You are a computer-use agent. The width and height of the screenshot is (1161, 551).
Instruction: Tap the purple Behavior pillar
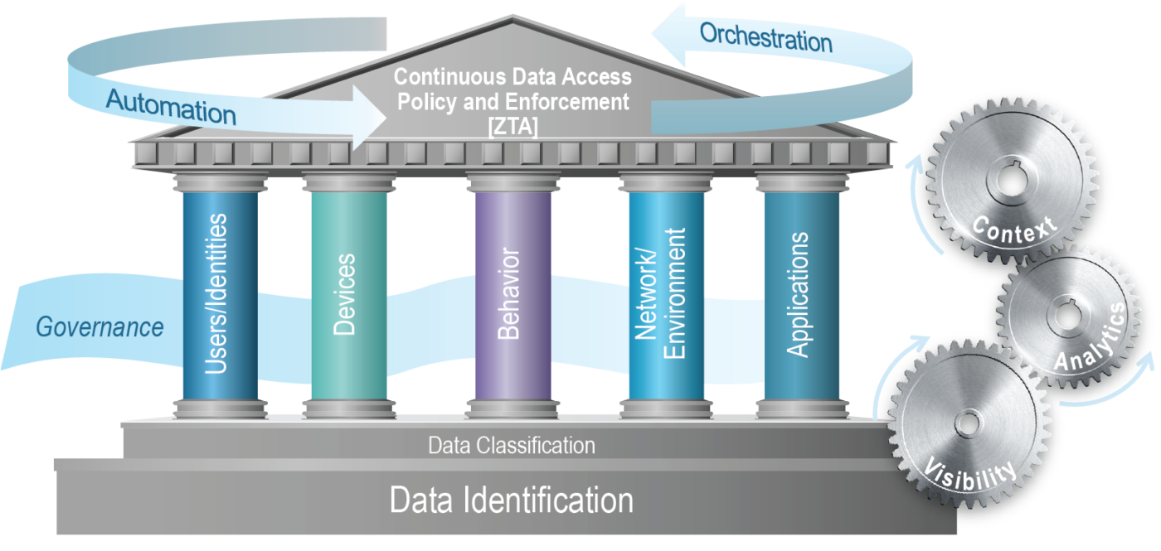pyautogui.click(x=509, y=294)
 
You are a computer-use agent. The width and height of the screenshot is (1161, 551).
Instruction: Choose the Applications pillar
pyautogui.click(x=797, y=294)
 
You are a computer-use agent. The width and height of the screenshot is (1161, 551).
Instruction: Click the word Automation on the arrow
pyautogui.click(x=170, y=108)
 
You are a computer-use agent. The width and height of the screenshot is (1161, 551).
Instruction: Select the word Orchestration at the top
pyautogui.click(x=765, y=37)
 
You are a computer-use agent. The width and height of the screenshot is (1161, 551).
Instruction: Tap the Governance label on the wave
pyautogui.click(x=100, y=326)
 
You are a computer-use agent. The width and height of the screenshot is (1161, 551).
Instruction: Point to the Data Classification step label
pyautogui.click(x=512, y=446)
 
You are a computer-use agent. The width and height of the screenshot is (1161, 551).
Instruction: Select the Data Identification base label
pyautogui.click(x=512, y=500)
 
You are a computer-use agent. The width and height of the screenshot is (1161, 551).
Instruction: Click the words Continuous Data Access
pyautogui.click(x=512, y=77)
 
